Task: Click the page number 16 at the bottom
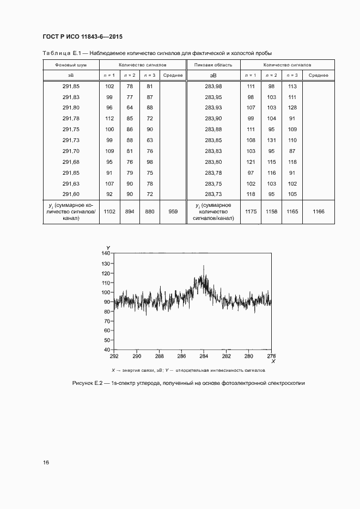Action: click(x=46, y=462)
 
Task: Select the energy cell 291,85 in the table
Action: click(x=71, y=87)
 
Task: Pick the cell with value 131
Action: click(x=271, y=140)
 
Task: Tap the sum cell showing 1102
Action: click(x=109, y=212)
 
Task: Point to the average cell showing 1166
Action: click(x=318, y=212)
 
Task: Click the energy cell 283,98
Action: click(x=213, y=87)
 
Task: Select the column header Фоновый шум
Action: click(x=70, y=65)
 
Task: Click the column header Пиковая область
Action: click(x=213, y=65)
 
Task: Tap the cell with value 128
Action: click(x=292, y=108)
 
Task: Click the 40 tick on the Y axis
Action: click(x=108, y=349)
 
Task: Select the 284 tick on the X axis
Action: click(x=204, y=357)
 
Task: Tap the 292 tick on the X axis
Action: click(x=114, y=357)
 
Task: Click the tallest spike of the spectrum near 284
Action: click(x=204, y=266)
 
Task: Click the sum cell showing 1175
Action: click(x=251, y=212)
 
